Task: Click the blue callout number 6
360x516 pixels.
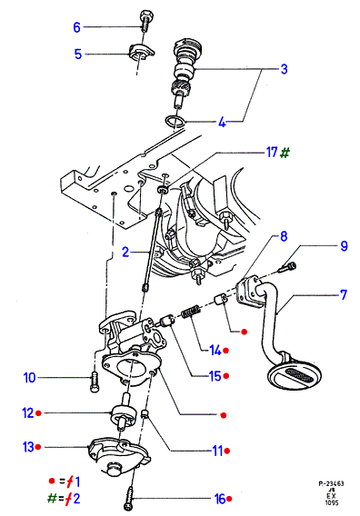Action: coord(76,27)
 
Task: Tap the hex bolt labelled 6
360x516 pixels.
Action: coord(145,20)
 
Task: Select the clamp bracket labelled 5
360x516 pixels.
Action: coord(141,52)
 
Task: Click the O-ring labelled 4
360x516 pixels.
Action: coord(175,122)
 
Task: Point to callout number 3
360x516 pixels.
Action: coord(284,69)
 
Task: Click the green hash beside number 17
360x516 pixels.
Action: coord(285,153)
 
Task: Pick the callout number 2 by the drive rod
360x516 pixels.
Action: coord(125,252)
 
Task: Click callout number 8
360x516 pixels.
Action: coord(284,236)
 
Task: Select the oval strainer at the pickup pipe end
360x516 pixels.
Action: coord(295,374)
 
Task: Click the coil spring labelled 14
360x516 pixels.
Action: coord(191,312)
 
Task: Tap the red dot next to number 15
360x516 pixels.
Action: coord(226,376)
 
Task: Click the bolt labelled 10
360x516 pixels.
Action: coord(95,382)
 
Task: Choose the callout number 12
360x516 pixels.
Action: coord(28,413)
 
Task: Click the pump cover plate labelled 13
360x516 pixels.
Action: coord(118,456)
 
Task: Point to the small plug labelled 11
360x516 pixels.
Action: coord(145,414)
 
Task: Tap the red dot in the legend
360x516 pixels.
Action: coord(52,481)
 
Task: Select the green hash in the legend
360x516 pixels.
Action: coord(53,498)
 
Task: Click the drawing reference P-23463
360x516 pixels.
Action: coord(331,483)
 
